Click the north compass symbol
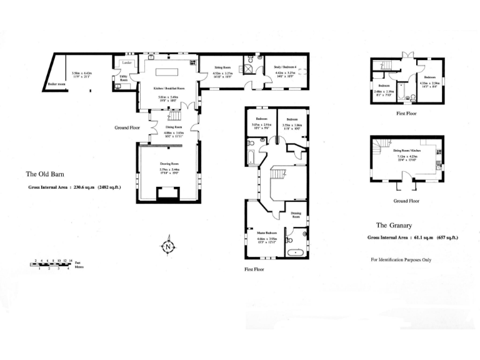168,247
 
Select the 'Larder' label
127,63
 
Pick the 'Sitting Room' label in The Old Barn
223,66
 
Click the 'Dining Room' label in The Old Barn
173,127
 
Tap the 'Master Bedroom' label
267,232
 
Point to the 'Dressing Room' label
296,214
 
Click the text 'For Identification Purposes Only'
401,259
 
